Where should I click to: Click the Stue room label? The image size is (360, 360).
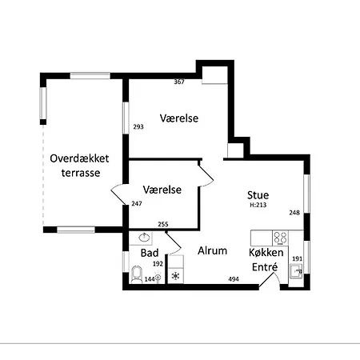tap(258, 195)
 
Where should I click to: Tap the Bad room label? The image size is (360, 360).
tap(150, 253)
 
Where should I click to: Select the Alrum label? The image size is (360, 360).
tap(213, 250)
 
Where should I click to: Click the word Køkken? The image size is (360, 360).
tap(266, 252)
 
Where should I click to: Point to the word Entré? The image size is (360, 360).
tap(265, 266)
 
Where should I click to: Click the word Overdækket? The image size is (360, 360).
tap(79, 158)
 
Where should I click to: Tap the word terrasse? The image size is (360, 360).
tap(81, 173)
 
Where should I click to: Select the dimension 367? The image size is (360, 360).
tap(179, 82)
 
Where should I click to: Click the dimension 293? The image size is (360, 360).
tap(138, 126)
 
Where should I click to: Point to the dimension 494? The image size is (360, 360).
tap(234, 279)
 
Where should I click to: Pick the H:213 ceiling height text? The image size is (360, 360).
tap(258, 205)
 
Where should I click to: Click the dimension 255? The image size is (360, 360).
tap(163, 224)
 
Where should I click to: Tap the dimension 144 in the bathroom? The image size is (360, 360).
tap(150, 279)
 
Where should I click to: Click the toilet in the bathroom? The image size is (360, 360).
tap(137, 274)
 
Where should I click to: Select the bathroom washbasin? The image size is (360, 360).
tap(145, 238)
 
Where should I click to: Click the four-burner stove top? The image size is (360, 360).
tap(280, 238)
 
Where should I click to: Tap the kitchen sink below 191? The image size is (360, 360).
tap(296, 271)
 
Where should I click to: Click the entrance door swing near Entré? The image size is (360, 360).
tap(270, 280)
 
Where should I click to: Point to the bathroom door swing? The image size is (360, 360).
tap(173, 242)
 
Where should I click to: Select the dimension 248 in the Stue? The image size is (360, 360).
tap(294, 213)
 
